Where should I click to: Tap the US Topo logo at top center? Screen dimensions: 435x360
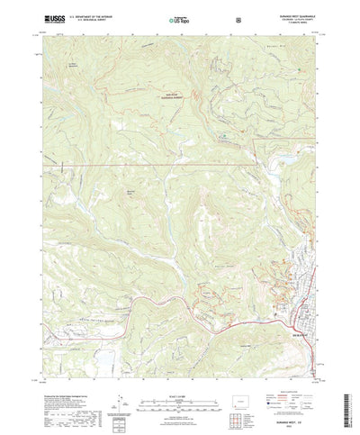point(180,18)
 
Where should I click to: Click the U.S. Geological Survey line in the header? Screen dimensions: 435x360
point(85,20)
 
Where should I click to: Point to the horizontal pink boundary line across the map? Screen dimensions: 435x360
point(135,166)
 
